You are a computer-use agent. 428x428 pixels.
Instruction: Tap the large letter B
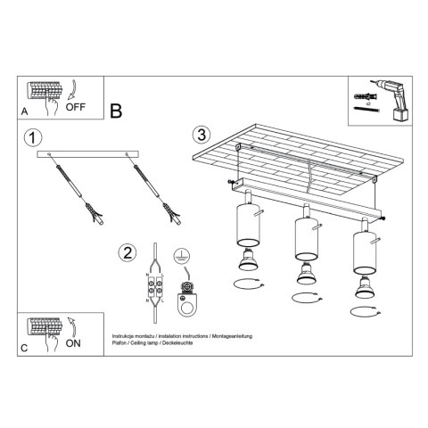(115, 111)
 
